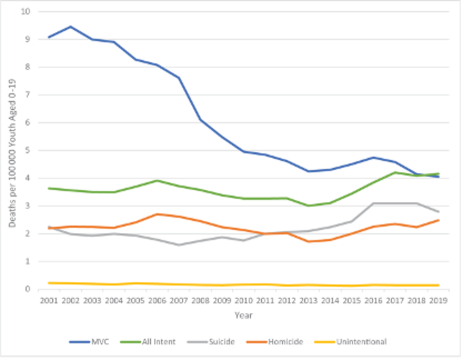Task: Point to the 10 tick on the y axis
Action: [25, 11]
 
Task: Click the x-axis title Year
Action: [243, 315]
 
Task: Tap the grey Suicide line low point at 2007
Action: [179, 245]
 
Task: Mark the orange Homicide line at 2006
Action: [157, 214]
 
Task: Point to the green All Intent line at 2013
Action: [308, 205]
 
